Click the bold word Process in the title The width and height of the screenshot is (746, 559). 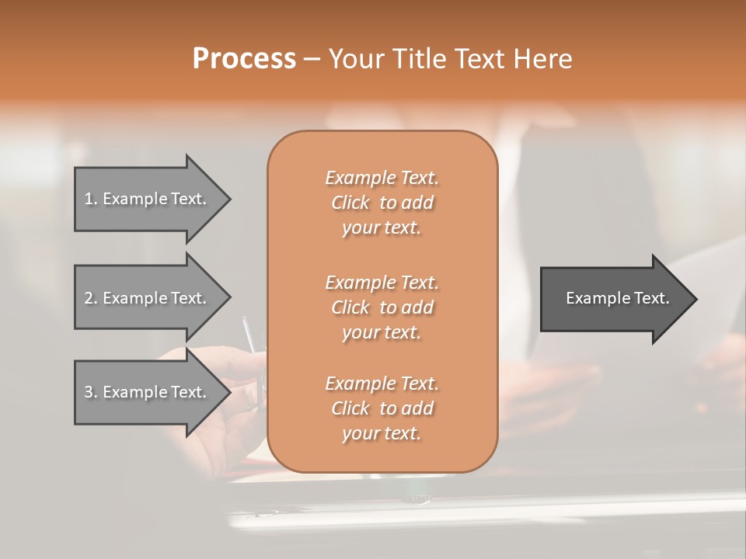[x=244, y=59]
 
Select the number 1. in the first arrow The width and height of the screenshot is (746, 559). [x=90, y=199]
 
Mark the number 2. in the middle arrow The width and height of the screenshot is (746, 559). [x=90, y=298]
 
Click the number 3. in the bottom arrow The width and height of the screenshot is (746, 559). [x=90, y=392]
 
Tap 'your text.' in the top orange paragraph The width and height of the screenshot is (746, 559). [x=382, y=228]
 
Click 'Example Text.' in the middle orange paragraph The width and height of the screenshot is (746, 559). [x=382, y=282]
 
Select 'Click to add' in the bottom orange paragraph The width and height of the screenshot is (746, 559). [x=382, y=408]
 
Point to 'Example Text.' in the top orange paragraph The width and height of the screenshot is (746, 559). [x=382, y=178]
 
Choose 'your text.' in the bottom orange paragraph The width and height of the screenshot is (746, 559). [x=382, y=434]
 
